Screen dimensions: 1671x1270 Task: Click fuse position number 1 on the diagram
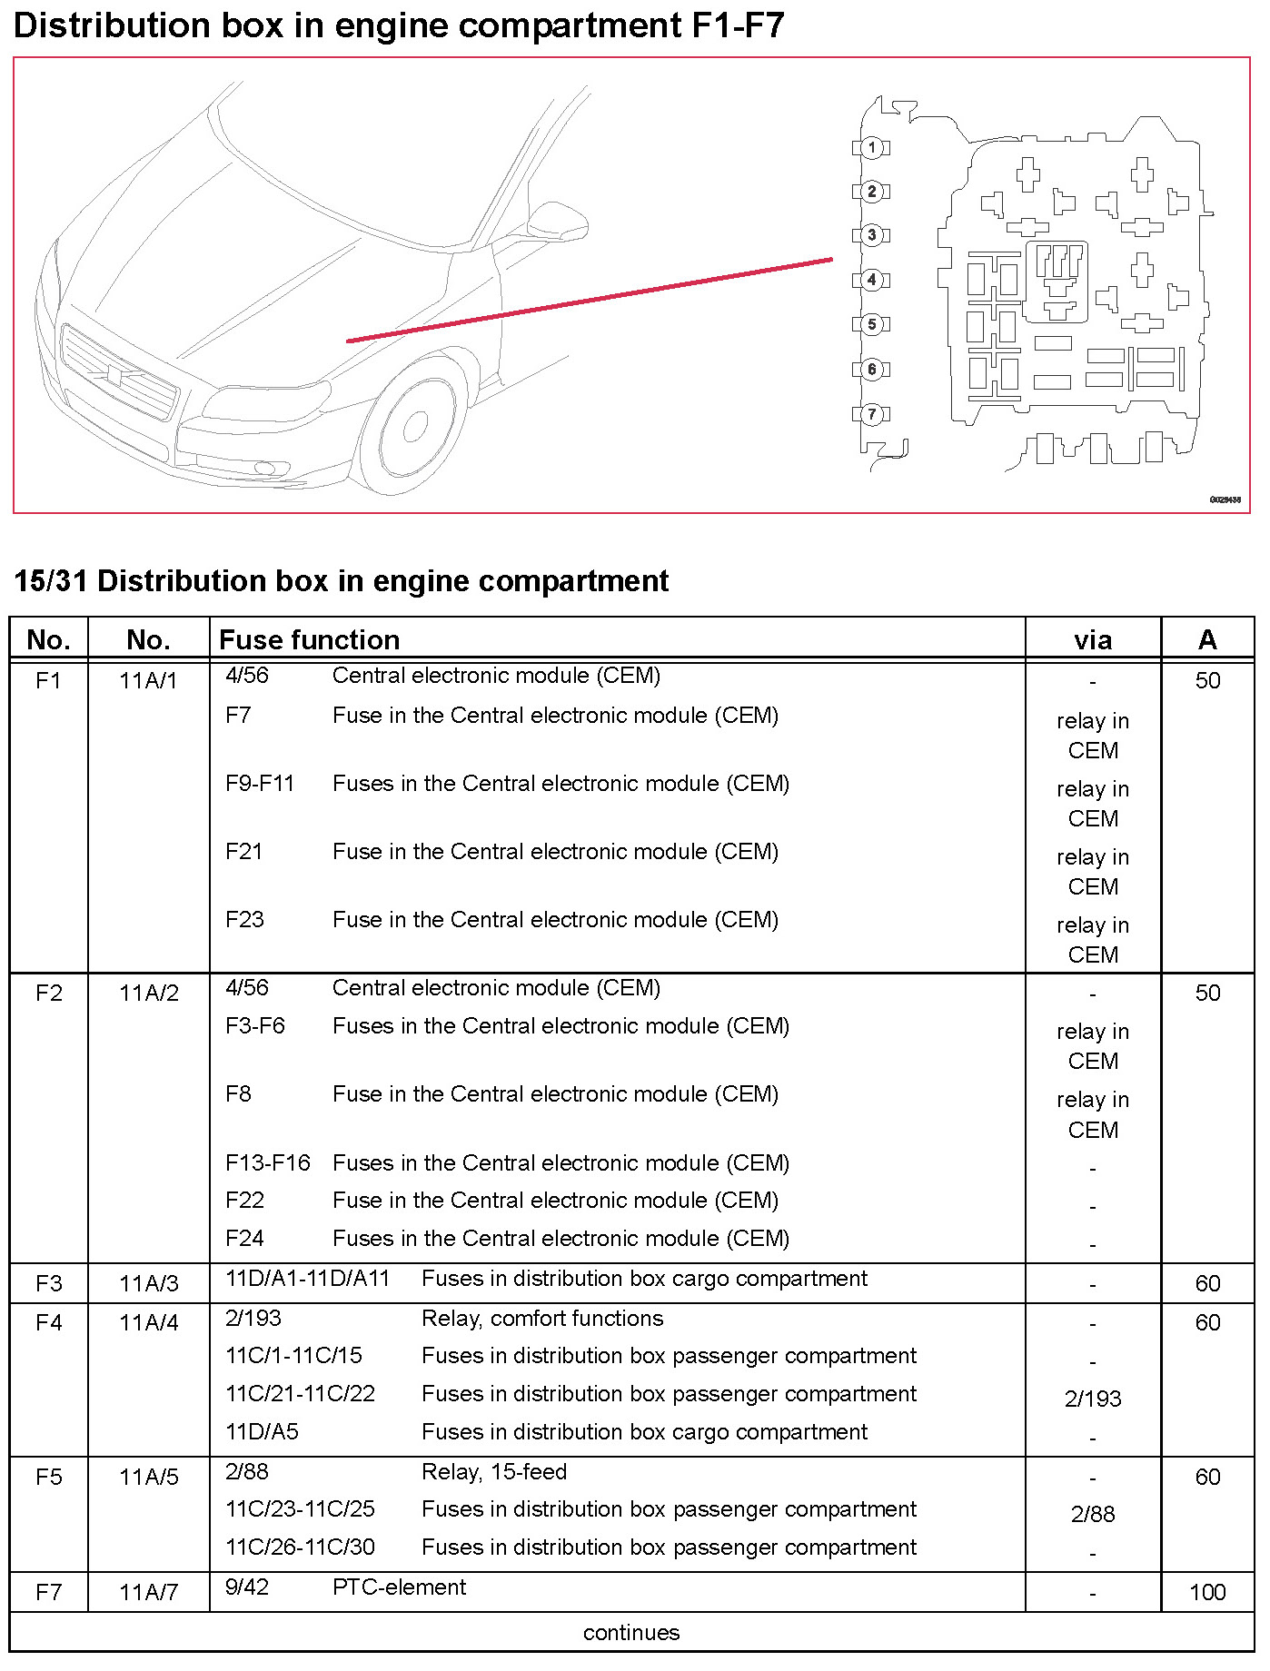[872, 147]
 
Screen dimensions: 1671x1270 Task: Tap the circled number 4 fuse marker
[872, 280]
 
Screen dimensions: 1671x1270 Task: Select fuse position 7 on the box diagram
[872, 414]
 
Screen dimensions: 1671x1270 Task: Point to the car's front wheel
[413, 427]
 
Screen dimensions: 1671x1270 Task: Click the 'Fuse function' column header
[309, 640]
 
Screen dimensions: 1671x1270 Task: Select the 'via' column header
[1092, 640]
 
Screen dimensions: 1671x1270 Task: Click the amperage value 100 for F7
[1206, 1592]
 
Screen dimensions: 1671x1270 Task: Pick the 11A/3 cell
[149, 1283]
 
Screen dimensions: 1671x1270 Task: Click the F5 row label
[49, 1477]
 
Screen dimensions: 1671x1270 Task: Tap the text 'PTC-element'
[399, 1587]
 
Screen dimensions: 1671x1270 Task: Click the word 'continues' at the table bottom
[631, 1632]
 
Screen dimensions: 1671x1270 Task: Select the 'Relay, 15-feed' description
[494, 1471]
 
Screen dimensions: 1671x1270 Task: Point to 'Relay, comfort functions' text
[542, 1318]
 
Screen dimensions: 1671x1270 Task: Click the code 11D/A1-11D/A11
[307, 1278]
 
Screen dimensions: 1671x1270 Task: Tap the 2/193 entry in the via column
[1092, 1399]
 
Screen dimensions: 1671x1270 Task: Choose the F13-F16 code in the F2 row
[268, 1162]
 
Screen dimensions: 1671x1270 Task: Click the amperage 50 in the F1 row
[1206, 680]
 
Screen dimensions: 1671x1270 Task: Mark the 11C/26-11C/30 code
[300, 1547]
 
